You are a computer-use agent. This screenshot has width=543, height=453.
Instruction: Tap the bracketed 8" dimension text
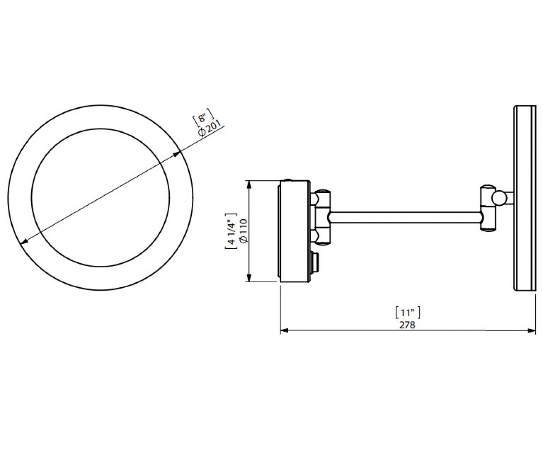click(x=203, y=118)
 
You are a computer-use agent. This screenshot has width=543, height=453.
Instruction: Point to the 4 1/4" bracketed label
click(x=231, y=231)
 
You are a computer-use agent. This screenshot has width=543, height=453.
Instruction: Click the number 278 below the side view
click(x=408, y=325)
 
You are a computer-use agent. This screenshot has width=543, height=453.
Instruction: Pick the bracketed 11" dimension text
click(x=408, y=313)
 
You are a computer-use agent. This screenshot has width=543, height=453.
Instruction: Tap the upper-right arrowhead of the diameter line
click(x=177, y=154)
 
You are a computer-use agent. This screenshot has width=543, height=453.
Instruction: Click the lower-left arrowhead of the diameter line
click(x=24, y=241)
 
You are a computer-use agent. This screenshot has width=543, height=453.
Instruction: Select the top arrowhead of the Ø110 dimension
click(x=249, y=184)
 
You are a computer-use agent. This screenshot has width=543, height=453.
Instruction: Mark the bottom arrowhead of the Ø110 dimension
click(x=249, y=278)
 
